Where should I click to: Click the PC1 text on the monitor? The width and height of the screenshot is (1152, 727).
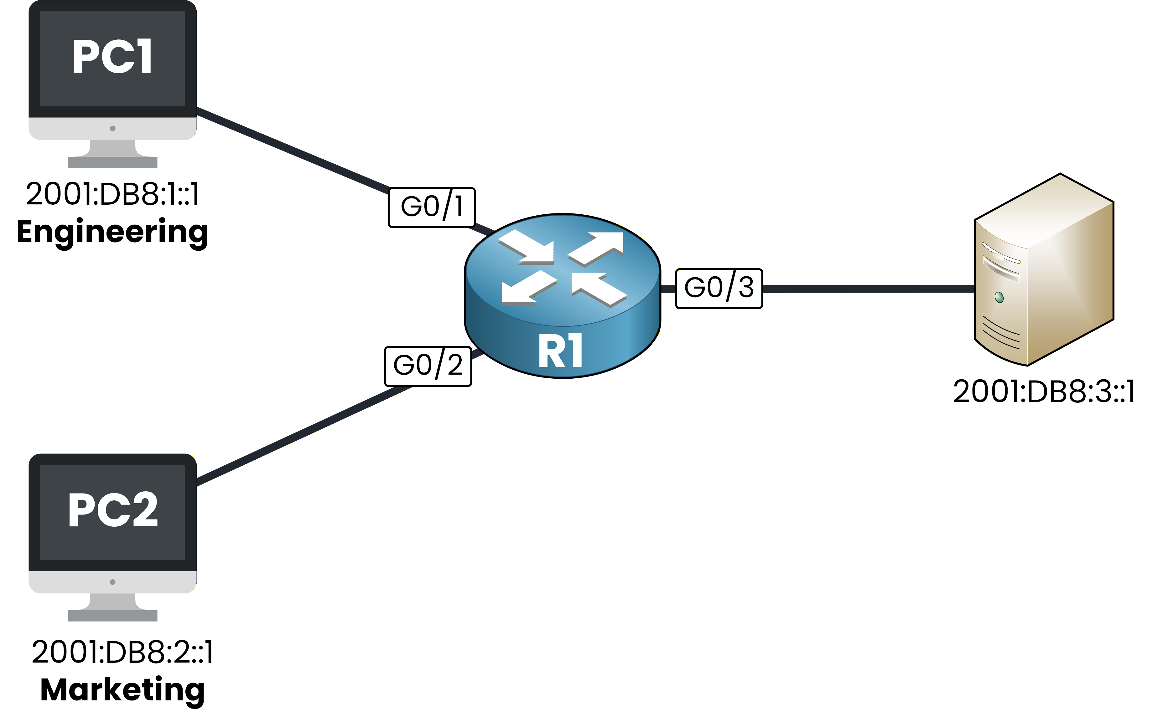pos(112,56)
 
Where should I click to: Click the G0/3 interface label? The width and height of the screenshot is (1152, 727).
pos(719,288)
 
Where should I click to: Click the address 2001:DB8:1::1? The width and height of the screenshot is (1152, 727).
pos(112,194)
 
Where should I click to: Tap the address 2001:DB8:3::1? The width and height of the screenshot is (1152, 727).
pos(1044,392)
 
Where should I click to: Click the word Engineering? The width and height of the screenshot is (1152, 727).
pos(112,232)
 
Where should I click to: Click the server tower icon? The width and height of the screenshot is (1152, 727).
pos(1044,270)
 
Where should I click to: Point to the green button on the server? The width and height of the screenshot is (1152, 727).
pos(999,297)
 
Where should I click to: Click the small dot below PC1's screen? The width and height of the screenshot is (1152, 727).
pos(112,128)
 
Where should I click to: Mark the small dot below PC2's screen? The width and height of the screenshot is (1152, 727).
pos(112,582)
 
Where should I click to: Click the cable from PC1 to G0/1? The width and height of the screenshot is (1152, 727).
pos(292,149)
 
